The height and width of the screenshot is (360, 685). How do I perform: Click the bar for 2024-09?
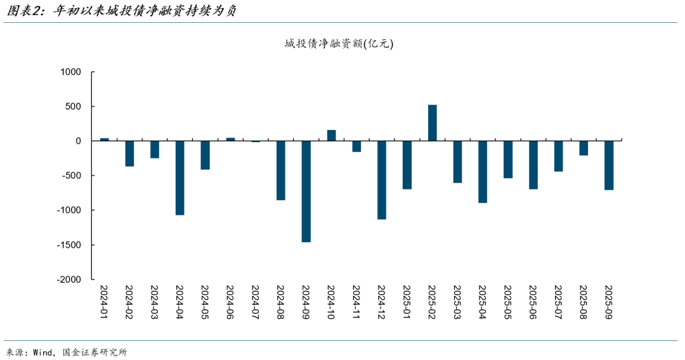click(306, 191)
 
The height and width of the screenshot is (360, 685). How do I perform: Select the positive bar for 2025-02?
click(433, 123)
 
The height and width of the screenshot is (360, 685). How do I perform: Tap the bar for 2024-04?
click(180, 178)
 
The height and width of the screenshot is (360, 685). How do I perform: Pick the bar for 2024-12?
click(382, 180)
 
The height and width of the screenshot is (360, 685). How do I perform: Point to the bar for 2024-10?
click(331, 136)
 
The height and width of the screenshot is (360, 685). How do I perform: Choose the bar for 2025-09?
click(609, 165)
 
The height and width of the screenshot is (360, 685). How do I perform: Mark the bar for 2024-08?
click(281, 170)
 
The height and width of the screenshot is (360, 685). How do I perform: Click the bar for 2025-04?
click(483, 172)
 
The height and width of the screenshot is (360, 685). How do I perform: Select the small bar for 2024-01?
click(105, 139)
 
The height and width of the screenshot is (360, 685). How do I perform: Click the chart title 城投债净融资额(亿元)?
click(339, 44)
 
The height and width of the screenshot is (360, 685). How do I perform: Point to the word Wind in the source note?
click(43, 352)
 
